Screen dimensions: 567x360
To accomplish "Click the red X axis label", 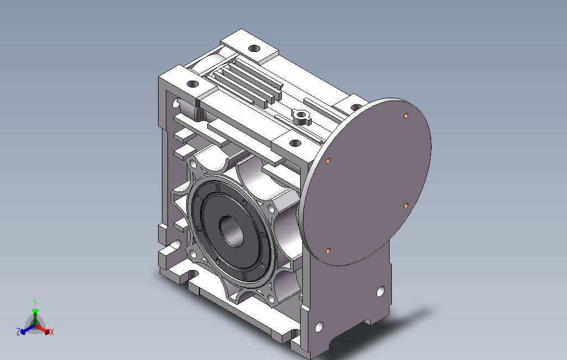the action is [52, 332].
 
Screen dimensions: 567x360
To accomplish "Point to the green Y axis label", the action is [35, 302].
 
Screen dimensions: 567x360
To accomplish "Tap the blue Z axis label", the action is [18, 331].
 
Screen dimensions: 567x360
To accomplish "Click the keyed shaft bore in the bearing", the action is [232, 231].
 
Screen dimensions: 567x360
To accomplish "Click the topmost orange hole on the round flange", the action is [406, 115].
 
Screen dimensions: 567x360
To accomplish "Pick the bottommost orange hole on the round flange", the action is [328, 251].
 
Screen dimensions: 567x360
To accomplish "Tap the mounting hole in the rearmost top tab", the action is [254, 48].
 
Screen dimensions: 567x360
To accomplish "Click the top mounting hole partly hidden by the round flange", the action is [356, 107].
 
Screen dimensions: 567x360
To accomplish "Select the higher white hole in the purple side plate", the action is [381, 292].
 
